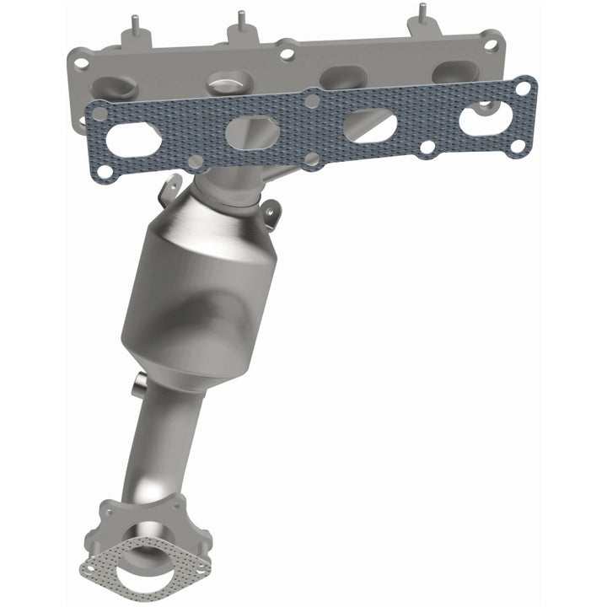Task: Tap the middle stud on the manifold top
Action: click(x=241, y=24)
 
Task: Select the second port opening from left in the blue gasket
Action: click(x=250, y=131)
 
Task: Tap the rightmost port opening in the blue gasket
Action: click(x=485, y=117)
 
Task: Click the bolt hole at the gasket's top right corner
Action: click(x=524, y=87)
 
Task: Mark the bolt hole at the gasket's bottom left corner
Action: click(x=105, y=171)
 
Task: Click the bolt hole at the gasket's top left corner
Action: click(x=99, y=110)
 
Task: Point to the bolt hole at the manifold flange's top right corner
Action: click(x=490, y=44)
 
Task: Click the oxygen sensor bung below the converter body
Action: click(x=137, y=388)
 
